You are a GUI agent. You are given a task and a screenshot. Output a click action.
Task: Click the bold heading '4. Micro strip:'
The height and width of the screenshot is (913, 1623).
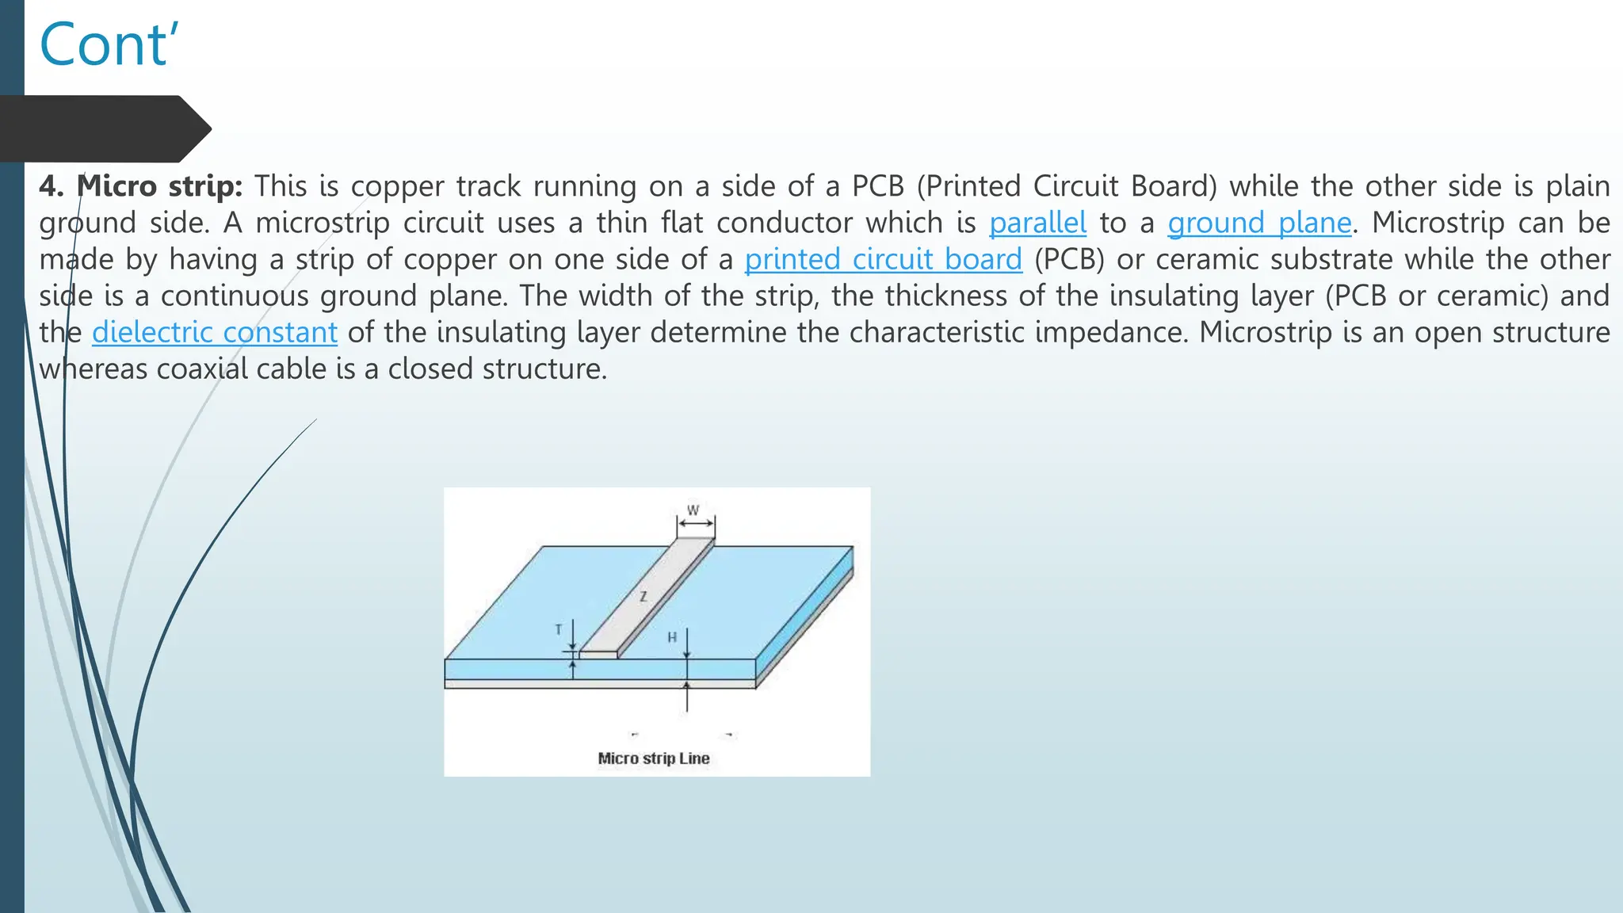[x=141, y=186]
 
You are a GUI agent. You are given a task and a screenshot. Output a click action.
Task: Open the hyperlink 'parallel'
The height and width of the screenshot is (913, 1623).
[x=1037, y=223]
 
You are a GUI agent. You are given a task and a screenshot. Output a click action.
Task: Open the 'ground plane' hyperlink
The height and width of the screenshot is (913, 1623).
[x=1259, y=223]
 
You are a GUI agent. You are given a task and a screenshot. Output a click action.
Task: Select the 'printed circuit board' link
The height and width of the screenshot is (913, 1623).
[x=883, y=260]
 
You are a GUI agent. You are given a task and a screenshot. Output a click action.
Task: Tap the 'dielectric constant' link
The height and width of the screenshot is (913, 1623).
[x=215, y=333]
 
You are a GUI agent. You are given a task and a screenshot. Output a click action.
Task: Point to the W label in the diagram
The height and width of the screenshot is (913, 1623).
[x=693, y=510]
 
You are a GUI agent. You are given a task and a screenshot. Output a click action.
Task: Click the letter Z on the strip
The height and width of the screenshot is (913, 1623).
[x=643, y=596]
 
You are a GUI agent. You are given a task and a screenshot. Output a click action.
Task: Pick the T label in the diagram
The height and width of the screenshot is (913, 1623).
[x=559, y=629]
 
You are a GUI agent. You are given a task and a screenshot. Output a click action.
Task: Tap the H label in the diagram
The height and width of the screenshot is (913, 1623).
[x=672, y=636]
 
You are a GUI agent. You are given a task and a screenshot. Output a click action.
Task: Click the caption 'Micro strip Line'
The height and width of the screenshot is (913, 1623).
[x=654, y=758]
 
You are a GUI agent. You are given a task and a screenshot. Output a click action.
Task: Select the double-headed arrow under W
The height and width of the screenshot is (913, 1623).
[x=696, y=524]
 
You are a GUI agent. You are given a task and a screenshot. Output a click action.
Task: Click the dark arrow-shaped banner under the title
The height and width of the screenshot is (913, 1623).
[x=103, y=128]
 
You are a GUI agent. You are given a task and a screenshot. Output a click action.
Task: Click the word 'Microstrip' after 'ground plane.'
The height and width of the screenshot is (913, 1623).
[x=1438, y=223]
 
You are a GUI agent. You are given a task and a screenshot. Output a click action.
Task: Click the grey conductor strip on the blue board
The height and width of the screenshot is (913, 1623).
[x=658, y=586]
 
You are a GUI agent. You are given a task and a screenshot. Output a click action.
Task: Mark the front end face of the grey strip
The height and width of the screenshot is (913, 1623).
[x=598, y=655]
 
